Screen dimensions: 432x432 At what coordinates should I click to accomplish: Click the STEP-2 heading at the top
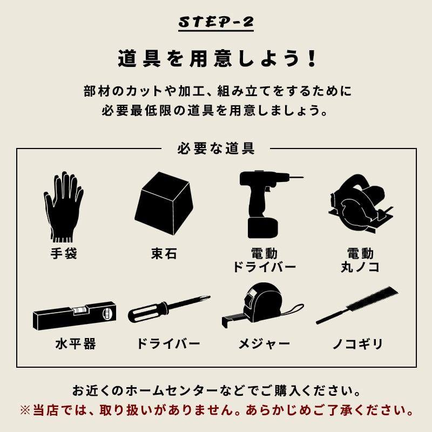(215, 23)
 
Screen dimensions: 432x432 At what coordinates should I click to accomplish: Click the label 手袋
(63, 253)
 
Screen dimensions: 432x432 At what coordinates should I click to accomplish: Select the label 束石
(164, 253)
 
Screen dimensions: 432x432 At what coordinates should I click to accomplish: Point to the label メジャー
(264, 344)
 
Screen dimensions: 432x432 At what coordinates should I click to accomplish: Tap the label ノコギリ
(358, 344)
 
